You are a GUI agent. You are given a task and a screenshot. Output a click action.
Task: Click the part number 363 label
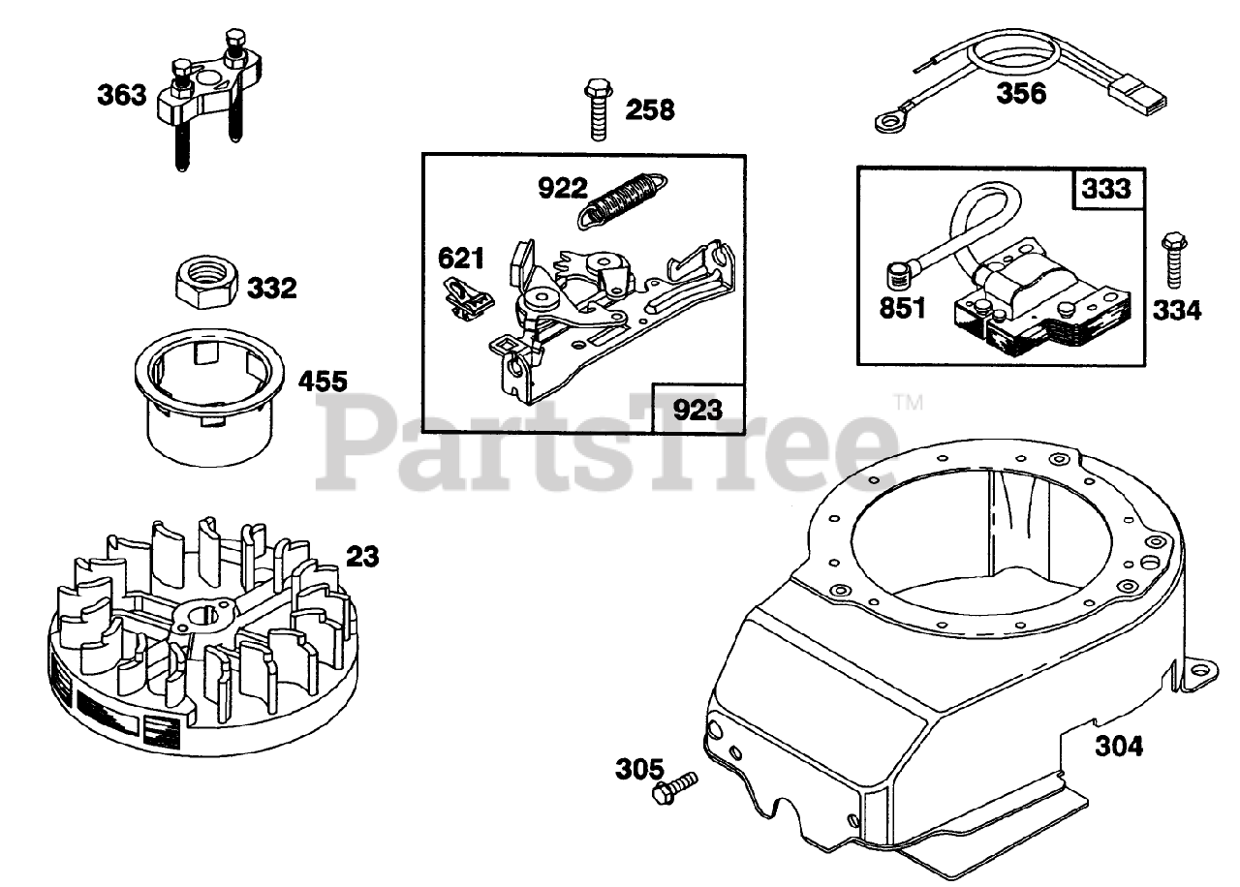point(121,95)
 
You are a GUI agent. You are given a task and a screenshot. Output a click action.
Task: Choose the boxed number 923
point(697,410)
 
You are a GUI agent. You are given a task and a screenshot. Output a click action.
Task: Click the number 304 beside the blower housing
point(1119,746)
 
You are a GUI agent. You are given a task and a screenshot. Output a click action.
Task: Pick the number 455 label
point(322,382)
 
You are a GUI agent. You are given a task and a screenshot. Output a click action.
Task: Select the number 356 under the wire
point(1021,94)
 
